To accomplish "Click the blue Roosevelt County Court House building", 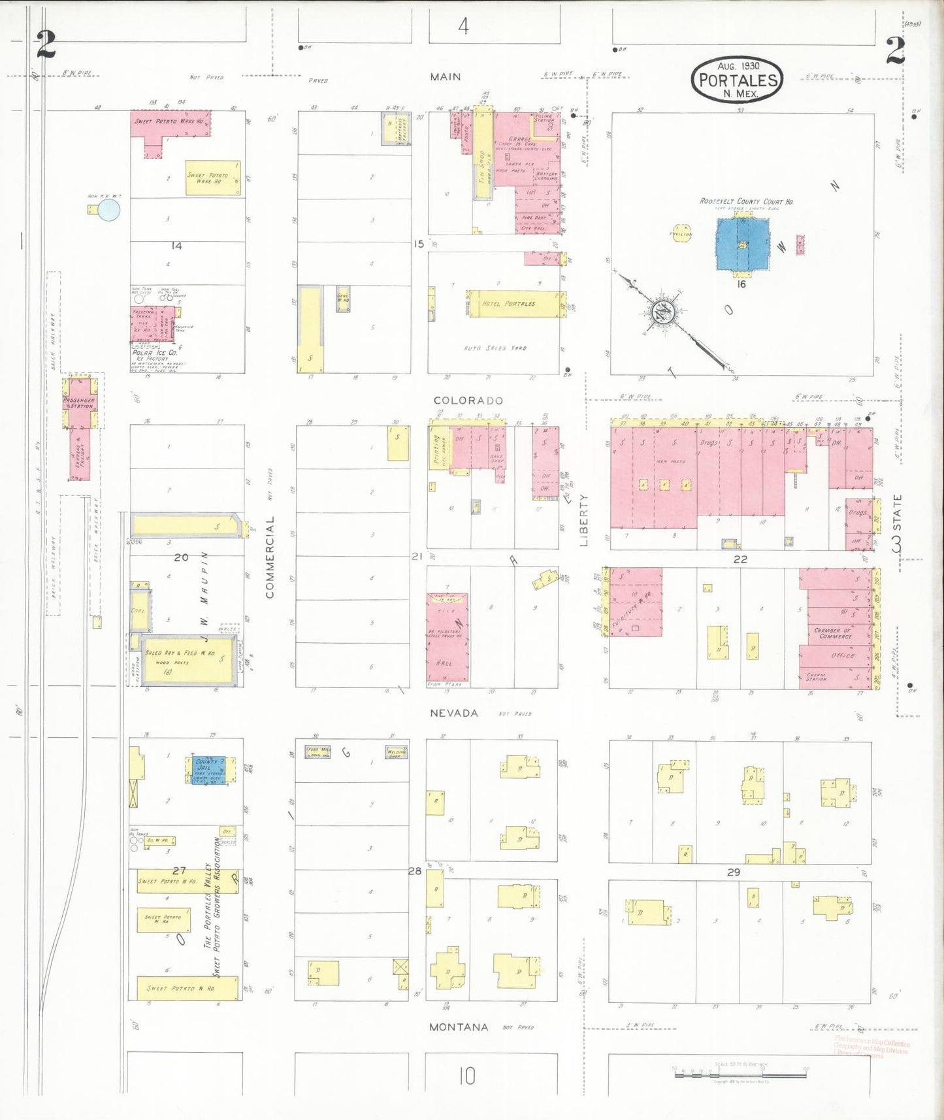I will [x=743, y=244].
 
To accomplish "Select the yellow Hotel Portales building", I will [x=513, y=304].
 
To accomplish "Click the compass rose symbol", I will [x=662, y=313].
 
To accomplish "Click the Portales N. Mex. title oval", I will [x=738, y=80].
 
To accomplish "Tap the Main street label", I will [x=445, y=77].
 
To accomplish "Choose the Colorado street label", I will [x=468, y=401].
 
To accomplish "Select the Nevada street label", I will [x=453, y=713].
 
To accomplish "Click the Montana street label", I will [x=459, y=1027].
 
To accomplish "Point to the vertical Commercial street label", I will [x=270, y=557].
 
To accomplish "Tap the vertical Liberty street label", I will [x=583, y=520].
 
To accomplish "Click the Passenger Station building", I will [x=80, y=403].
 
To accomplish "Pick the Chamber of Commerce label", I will [x=832, y=633].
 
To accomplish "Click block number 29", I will [x=733, y=872].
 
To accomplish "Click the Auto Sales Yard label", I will [x=495, y=348].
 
